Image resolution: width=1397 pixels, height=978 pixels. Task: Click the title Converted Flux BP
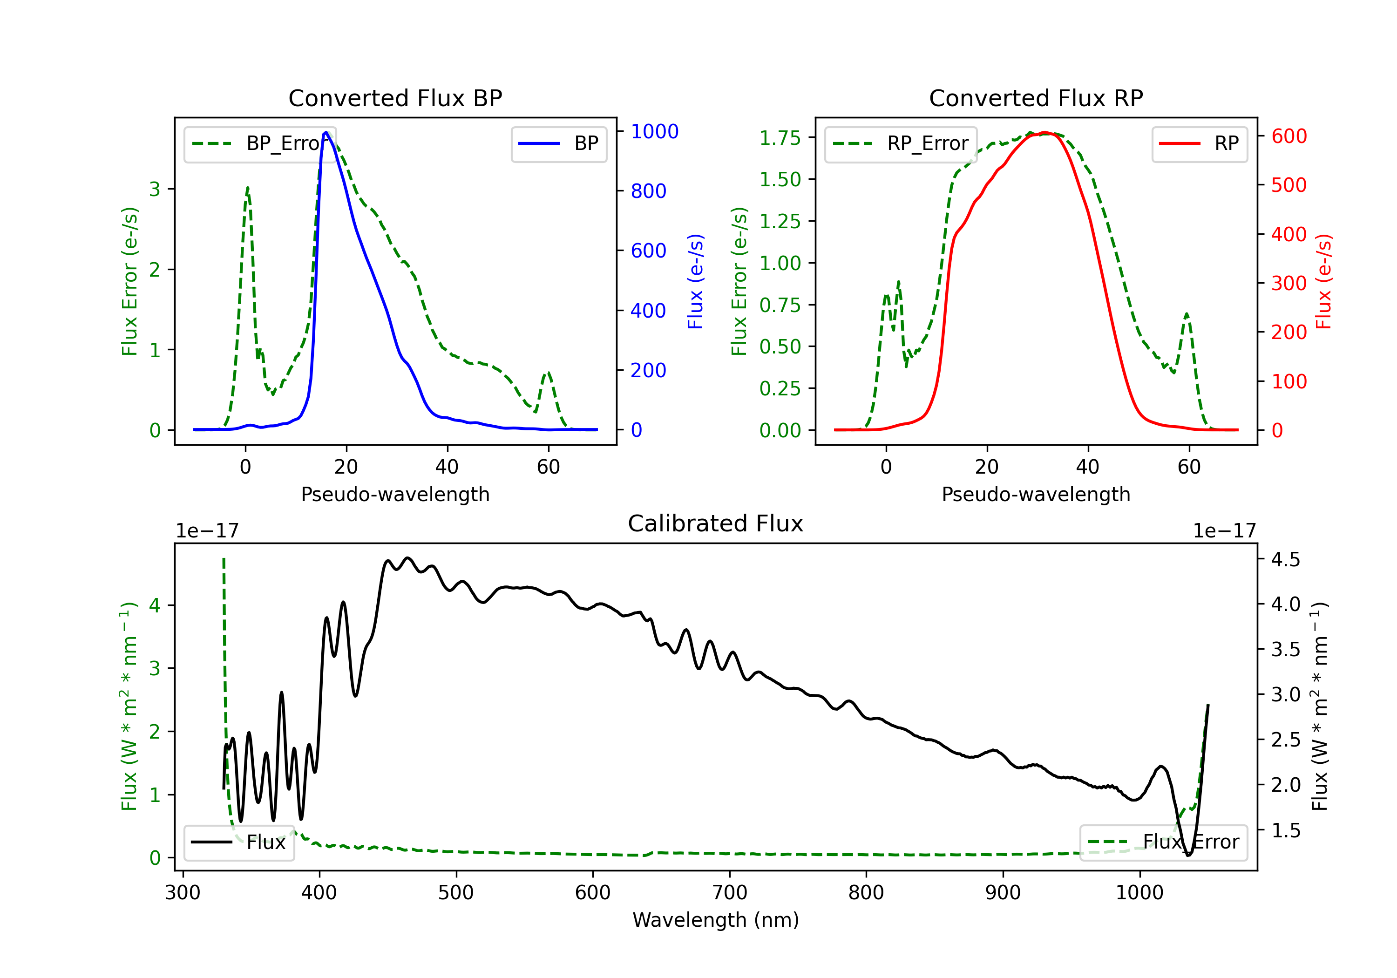tap(395, 98)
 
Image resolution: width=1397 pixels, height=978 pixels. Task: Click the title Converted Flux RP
tap(1036, 98)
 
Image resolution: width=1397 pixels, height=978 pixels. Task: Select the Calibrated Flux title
tap(716, 523)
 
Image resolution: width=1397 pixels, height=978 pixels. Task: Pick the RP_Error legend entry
tap(901, 143)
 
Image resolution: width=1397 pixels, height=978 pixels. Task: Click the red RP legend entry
tap(1199, 143)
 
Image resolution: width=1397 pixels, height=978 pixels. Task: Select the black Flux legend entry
tap(238, 842)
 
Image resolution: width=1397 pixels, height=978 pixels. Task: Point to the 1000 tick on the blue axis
tap(654, 131)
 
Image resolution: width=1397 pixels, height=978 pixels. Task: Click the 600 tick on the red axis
tap(1288, 136)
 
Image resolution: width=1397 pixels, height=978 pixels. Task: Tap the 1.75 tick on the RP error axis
tap(780, 138)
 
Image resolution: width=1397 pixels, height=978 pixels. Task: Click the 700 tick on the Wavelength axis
tap(730, 893)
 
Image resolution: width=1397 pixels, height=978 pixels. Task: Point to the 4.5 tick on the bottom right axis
tap(1285, 559)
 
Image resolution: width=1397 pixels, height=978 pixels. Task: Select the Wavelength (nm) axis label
tap(716, 920)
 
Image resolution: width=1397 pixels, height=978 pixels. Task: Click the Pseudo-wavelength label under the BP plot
tap(395, 494)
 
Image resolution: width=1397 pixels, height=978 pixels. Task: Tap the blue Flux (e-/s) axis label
tap(695, 281)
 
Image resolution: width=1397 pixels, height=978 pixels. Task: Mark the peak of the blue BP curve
tap(326, 132)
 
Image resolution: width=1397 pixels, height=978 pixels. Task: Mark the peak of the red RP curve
tap(1044, 132)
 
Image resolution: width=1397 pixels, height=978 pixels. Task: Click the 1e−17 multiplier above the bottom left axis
tap(207, 531)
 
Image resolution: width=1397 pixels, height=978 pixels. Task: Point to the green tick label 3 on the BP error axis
tap(155, 189)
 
